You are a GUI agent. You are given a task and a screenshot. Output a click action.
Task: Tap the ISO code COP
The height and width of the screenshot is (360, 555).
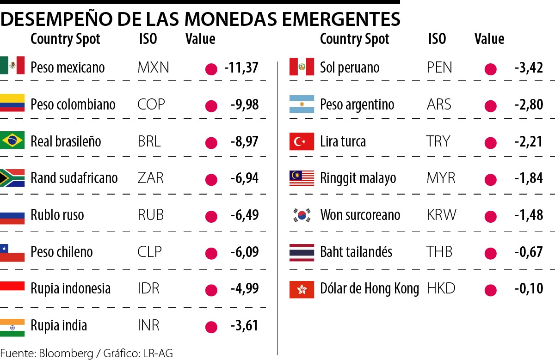tap(151, 104)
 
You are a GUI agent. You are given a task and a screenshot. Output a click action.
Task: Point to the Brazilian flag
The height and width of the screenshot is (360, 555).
tap(12, 140)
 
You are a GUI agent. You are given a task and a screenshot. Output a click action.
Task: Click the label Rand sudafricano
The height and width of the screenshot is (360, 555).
tap(74, 178)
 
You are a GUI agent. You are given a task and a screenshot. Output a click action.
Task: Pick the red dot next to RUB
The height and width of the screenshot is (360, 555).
tap(211, 216)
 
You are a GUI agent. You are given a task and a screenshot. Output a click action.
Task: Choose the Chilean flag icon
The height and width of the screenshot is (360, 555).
tap(12, 252)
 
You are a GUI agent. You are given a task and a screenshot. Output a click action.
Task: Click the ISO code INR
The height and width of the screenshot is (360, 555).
tap(148, 325)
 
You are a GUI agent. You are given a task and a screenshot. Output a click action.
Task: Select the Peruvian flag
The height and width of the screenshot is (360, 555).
tap(302, 67)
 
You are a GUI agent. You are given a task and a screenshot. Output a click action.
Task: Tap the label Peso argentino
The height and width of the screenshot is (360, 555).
tap(357, 105)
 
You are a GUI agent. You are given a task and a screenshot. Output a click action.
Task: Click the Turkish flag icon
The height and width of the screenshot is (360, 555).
tap(302, 141)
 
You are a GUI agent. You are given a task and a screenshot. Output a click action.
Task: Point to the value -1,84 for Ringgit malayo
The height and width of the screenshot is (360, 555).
tap(529, 178)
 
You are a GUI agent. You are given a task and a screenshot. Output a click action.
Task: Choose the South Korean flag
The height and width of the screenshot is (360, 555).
tap(302, 215)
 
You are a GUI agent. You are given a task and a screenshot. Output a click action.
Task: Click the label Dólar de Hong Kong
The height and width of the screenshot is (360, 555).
tap(369, 289)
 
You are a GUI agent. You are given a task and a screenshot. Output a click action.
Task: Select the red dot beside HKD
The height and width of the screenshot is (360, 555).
tap(491, 290)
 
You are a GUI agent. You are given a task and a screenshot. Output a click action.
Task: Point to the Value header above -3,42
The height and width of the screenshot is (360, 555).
tap(489, 39)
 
